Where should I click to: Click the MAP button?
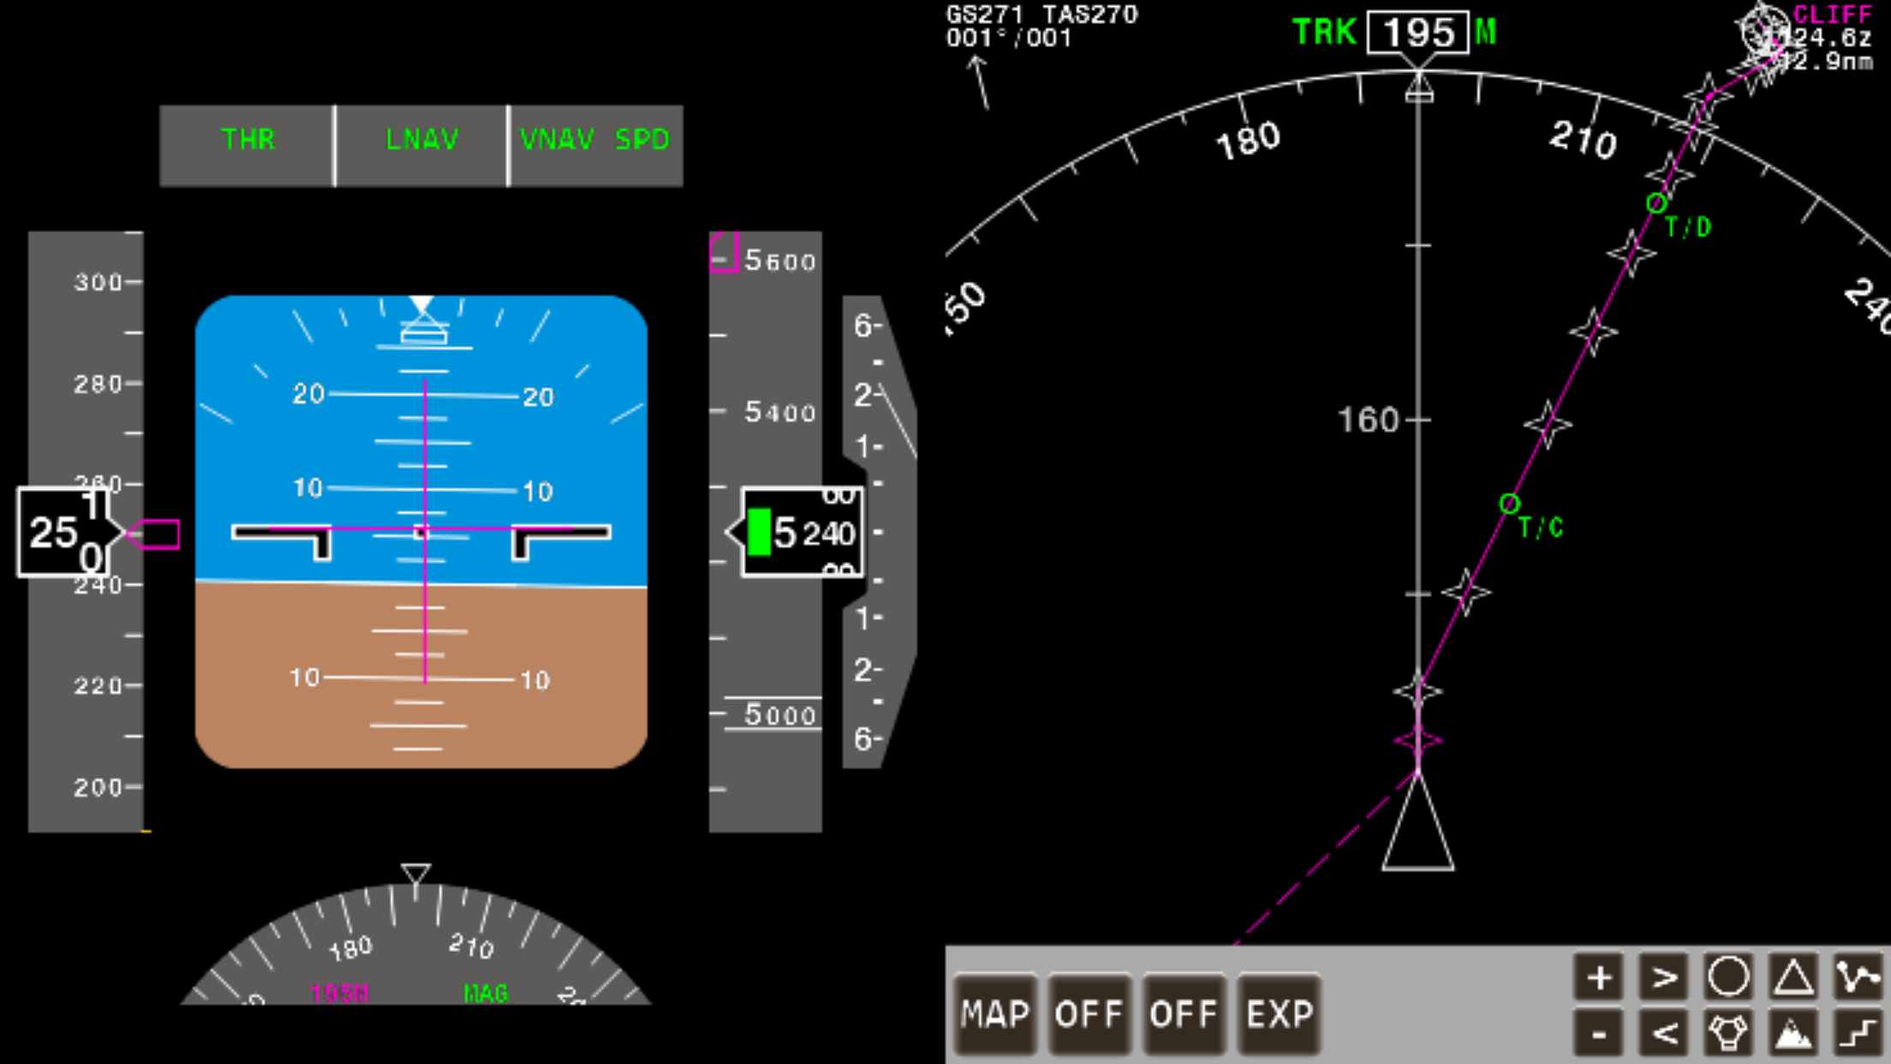pos(994,1014)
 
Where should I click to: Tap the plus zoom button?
pos(1599,977)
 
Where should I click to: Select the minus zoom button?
pos(1599,1034)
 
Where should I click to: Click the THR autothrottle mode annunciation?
pos(248,140)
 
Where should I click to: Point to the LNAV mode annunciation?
pos(422,140)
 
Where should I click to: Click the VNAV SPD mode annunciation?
pos(595,140)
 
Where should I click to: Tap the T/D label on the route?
pos(1688,228)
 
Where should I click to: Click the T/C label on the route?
pos(1541,528)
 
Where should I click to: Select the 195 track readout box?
pos(1418,33)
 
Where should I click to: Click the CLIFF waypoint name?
pos(1833,15)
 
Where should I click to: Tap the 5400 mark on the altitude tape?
pos(779,413)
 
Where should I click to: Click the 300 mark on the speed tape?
pos(98,282)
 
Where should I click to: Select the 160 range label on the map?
pos(1368,421)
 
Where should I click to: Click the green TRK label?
pos(1324,33)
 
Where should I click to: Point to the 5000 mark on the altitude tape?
pos(779,714)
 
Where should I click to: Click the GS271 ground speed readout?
pos(985,15)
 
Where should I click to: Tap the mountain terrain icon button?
pos(1793,1034)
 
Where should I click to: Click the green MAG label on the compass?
pos(486,994)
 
